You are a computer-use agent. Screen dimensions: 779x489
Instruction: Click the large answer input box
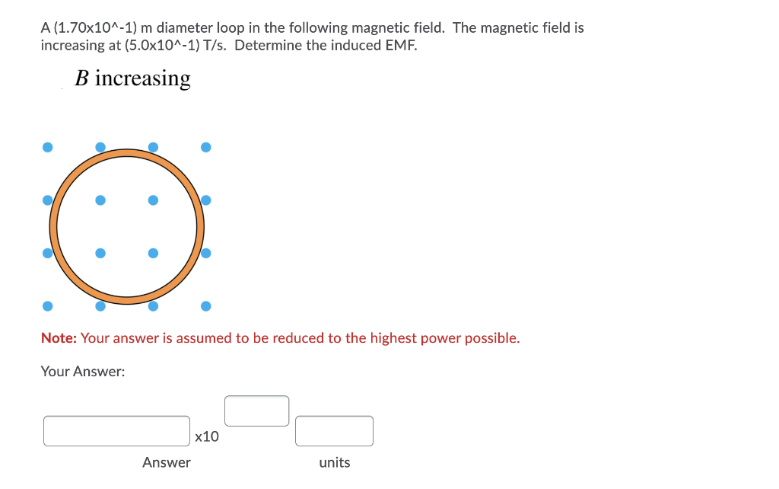click(x=116, y=430)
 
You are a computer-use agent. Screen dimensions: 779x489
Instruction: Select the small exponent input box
click(x=256, y=411)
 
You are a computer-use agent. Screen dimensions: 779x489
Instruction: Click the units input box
click(x=334, y=430)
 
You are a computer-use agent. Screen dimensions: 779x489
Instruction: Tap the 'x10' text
click(x=206, y=437)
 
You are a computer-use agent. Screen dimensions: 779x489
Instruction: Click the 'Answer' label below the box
click(x=167, y=462)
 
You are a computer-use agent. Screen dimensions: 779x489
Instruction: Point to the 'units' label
click(x=335, y=462)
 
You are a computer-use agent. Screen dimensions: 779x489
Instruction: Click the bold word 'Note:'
click(x=59, y=338)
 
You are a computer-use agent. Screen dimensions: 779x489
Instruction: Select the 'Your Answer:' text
click(x=83, y=372)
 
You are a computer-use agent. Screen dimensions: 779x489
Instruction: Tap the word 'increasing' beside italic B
click(x=143, y=79)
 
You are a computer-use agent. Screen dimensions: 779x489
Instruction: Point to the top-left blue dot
click(x=47, y=147)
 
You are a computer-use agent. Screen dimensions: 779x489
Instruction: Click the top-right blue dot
click(x=205, y=147)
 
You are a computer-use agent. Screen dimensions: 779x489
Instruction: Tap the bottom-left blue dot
click(x=47, y=306)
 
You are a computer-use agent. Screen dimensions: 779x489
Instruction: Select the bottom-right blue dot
click(x=205, y=306)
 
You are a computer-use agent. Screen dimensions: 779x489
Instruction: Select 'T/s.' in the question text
click(x=217, y=45)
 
